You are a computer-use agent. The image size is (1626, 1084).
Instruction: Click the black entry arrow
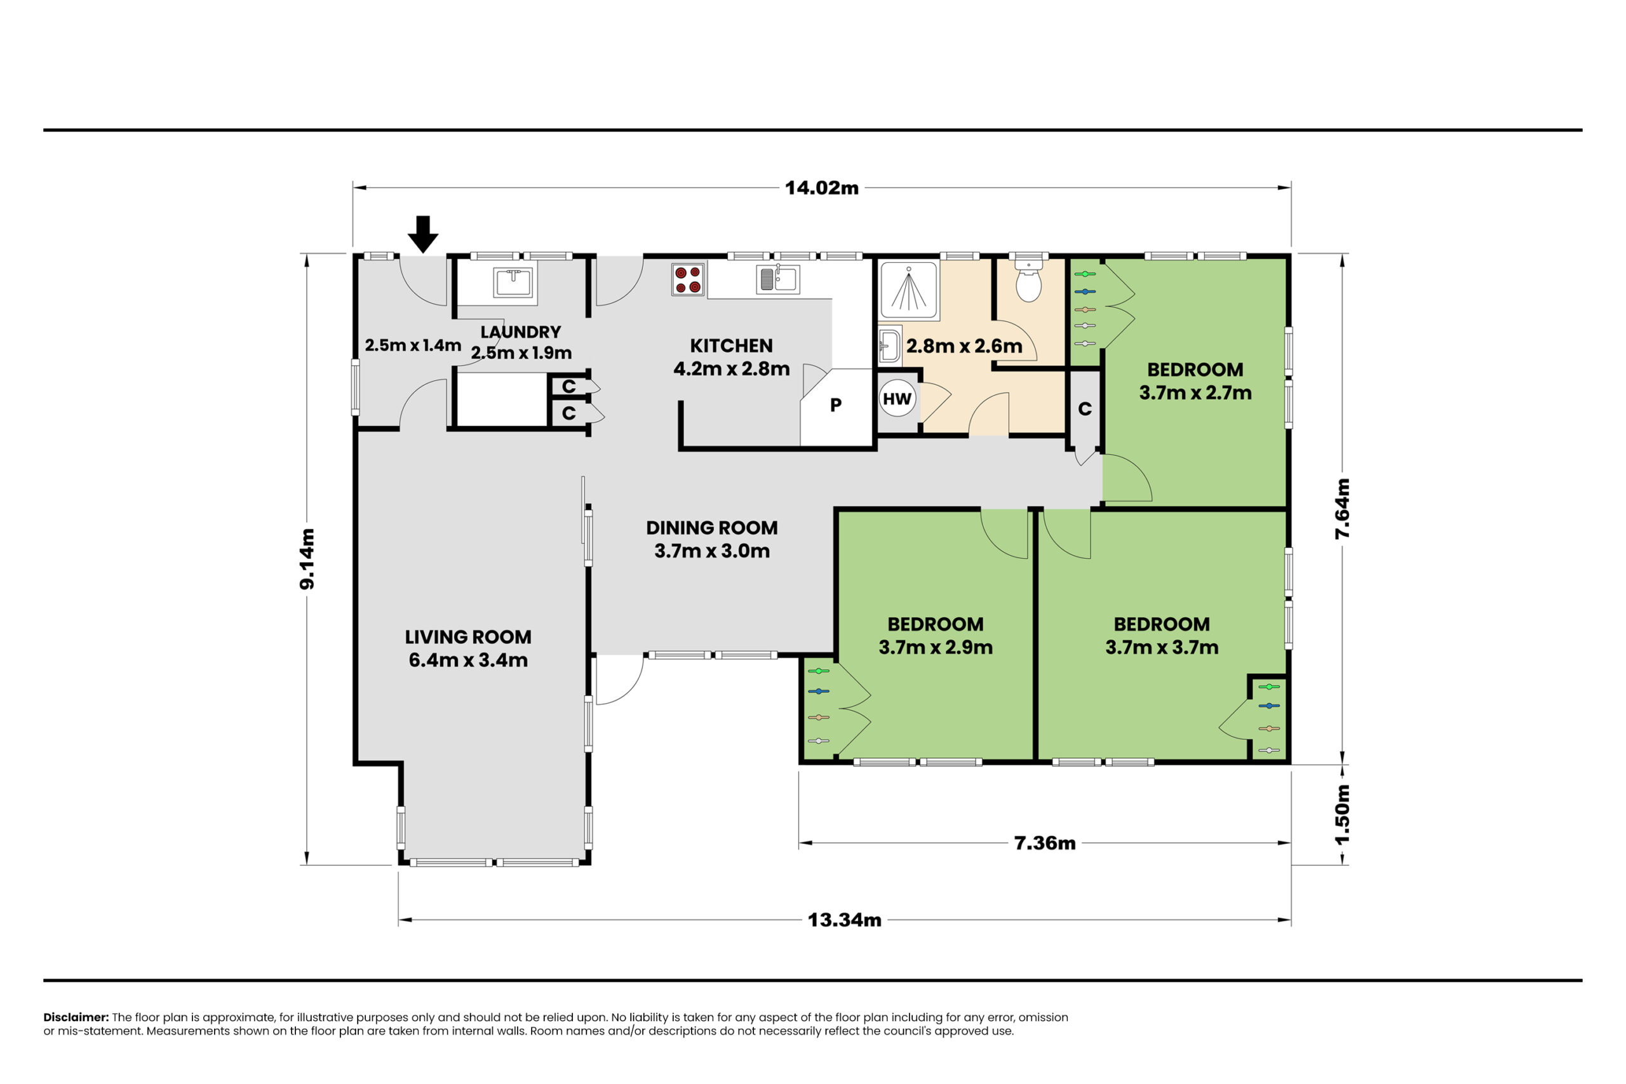point(422,234)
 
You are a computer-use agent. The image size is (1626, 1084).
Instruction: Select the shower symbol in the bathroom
point(908,290)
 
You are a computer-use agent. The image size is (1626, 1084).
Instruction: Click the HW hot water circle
point(897,399)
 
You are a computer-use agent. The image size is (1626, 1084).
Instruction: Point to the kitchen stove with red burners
point(688,279)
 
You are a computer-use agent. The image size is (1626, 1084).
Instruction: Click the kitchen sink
point(777,279)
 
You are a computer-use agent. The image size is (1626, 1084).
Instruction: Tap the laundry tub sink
point(513,283)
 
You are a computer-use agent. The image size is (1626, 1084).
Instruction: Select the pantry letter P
point(836,405)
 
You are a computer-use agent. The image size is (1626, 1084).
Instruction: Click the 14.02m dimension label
point(821,188)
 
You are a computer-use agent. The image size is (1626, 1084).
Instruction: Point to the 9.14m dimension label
point(307,559)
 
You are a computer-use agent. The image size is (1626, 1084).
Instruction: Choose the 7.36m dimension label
point(1045,843)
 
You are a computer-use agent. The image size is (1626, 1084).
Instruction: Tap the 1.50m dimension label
point(1342,814)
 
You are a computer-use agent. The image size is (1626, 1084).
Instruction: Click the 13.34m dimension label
point(844,920)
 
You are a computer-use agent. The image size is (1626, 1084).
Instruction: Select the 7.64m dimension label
point(1342,509)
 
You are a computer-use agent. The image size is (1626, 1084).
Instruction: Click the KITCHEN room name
point(732,345)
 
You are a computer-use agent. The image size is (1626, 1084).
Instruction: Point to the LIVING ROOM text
point(468,637)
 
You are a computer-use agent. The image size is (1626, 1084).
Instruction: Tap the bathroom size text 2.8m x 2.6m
point(964,345)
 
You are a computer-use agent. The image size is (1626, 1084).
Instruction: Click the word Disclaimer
point(76,1017)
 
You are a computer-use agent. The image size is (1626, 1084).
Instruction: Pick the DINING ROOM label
point(712,528)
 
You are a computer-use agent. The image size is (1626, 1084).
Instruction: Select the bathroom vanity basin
point(890,345)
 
